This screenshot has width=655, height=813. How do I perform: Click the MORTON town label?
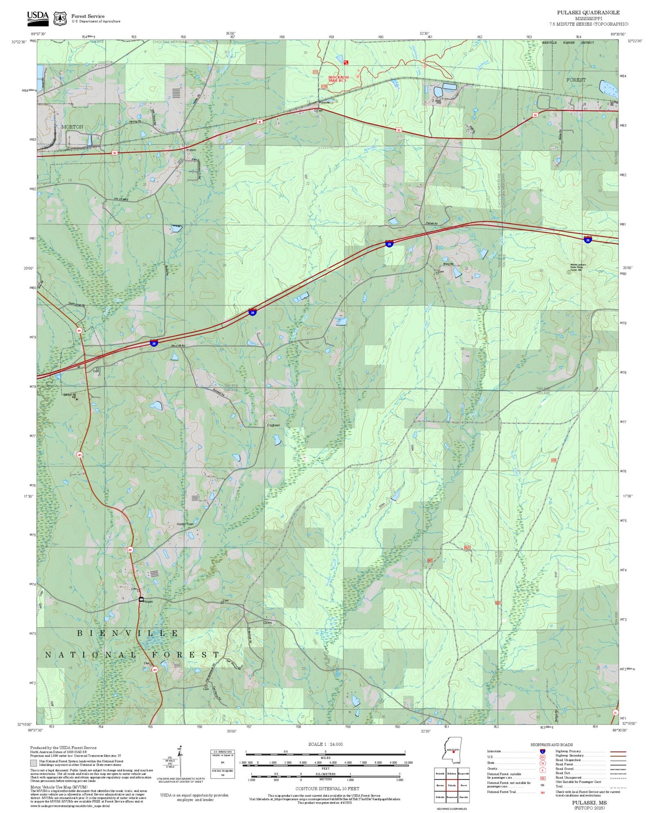(x=72, y=127)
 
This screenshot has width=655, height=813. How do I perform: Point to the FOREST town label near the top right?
(x=576, y=80)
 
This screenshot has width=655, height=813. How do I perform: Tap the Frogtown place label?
(x=273, y=425)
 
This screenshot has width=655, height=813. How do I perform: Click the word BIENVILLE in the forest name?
(x=128, y=633)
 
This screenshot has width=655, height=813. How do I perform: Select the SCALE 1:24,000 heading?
(x=325, y=744)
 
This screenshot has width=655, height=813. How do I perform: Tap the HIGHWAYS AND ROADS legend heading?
(x=552, y=745)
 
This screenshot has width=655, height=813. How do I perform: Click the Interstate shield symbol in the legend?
(x=543, y=751)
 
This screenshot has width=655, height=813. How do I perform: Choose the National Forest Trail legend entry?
(x=501, y=792)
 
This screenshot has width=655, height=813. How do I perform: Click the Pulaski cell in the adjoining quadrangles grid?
(x=451, y=785)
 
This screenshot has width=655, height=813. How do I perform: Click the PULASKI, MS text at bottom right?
(x=589, y=802)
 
